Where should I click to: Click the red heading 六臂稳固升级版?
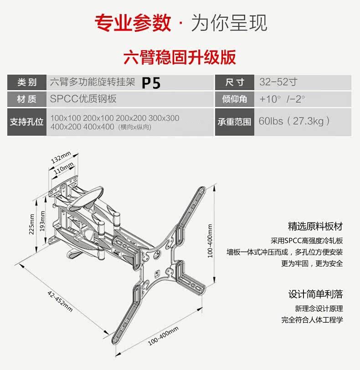180,58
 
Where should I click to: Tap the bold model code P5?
151,83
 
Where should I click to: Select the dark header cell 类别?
27,82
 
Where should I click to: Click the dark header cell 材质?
27,99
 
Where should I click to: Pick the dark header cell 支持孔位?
27,122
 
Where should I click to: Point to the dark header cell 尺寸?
235,82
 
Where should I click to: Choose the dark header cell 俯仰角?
235,99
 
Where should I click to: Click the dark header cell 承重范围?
235,122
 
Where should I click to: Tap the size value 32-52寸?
278,82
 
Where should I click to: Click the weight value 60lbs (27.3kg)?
294,121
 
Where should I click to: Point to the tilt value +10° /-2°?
282,99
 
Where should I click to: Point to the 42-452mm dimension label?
60,300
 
